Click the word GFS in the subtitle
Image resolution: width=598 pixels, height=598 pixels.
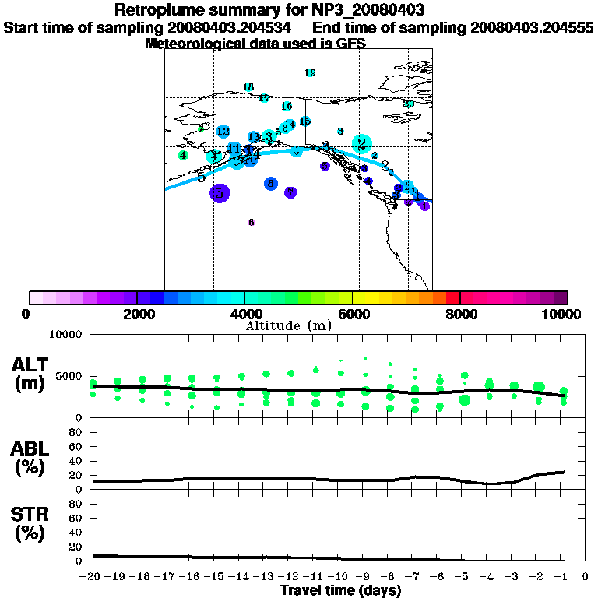coord(352,44)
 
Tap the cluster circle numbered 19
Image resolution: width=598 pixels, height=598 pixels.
coord(310,73)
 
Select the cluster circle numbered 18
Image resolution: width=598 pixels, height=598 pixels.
coord(248,87)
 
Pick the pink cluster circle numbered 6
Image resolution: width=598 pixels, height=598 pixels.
coord(252,223)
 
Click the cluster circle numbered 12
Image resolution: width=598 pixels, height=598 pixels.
coord(223,132)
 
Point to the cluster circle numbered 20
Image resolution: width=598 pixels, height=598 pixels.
coord(408,104)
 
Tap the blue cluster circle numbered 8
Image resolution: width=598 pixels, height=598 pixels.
coord(270,184)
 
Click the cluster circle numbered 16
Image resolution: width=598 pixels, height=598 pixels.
coord(287,106)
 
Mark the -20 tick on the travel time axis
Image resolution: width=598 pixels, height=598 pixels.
coord(91,577)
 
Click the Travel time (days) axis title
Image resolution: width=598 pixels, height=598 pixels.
coord(340,591)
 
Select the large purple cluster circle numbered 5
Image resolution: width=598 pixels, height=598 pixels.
coord(220,192)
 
